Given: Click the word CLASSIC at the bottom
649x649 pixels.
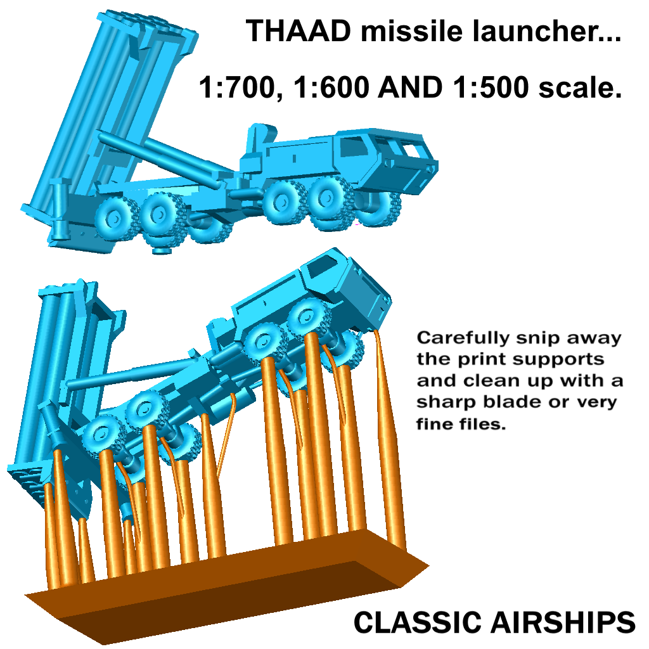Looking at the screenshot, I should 416,622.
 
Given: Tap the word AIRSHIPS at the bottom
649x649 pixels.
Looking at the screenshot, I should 562,622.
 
